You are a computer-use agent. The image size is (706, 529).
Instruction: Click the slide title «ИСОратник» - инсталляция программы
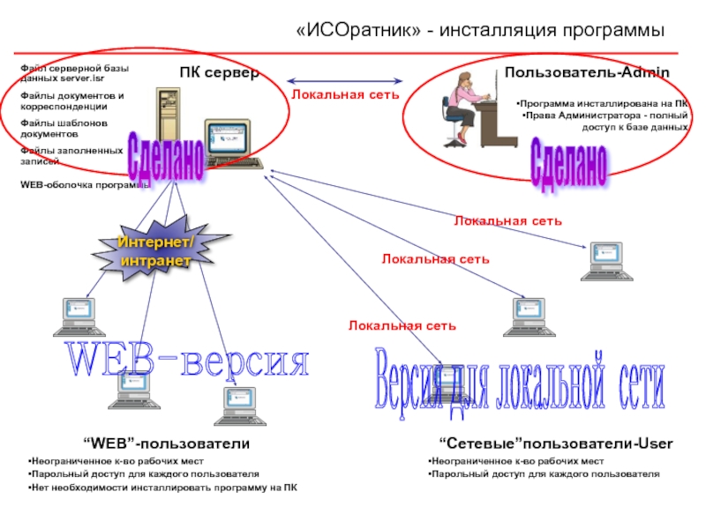click(x=480, y=31)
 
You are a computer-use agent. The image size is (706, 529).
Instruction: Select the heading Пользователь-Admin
click(x=587, y=72)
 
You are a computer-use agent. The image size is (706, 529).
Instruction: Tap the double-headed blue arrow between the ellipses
click(x=345, y=78)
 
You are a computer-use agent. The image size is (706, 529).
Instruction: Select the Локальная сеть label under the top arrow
click(x=345, y=93)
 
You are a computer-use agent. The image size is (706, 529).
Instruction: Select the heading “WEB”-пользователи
click(x=166, y=443)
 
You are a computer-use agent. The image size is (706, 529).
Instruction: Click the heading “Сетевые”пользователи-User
click(x=556, y=443)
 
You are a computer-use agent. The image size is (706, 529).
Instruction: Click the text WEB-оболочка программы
click(x=84, y=185)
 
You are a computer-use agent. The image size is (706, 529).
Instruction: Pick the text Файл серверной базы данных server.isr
click(x=74, y=72)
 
